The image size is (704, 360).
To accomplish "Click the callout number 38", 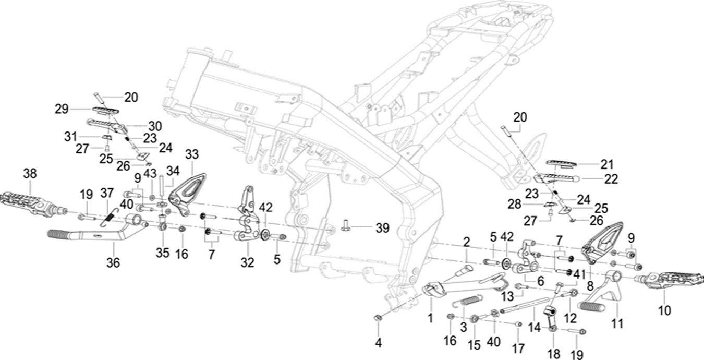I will (29, 175).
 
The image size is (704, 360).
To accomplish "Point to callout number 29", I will (62, 109).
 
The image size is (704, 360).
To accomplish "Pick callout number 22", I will (611, 179).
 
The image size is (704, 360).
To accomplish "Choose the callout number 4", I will (379, 343).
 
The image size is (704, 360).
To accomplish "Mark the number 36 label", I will (113, 263).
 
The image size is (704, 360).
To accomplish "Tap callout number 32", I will (247, 263).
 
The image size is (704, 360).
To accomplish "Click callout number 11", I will (617, 323).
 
